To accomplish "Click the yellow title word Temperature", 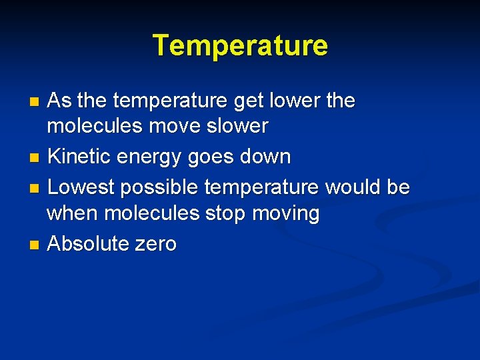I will pyautogui.click(x=240, y=46).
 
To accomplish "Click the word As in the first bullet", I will pyautogui.click(x=60, y=101).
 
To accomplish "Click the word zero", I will pyautogui.click(x=155, y=245).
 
